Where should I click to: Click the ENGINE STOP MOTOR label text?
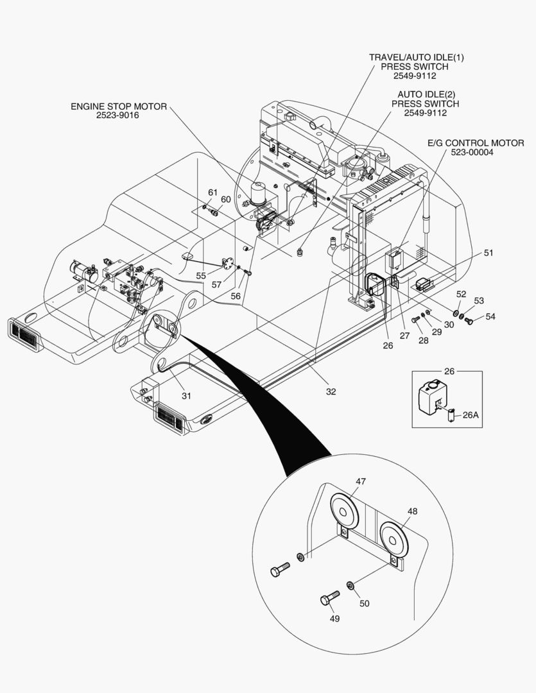pos(119,107)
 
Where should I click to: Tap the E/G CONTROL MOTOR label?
pos(476,143)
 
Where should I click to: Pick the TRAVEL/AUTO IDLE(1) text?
pos(416,58)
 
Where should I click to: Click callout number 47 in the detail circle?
pos(361,481)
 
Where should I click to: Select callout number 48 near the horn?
pos(412,511)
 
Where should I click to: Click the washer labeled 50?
pos(350,585)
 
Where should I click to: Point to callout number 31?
pos(186,396)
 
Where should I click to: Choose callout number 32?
pos(331,391)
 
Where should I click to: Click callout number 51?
pos(489,253)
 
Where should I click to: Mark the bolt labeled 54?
pos(469,319)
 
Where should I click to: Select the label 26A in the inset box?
pos(471,415)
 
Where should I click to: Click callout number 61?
pos(212,193)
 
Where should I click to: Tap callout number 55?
pos(201,276)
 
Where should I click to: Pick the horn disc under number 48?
pos(394,536)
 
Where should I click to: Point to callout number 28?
pos(424,340)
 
